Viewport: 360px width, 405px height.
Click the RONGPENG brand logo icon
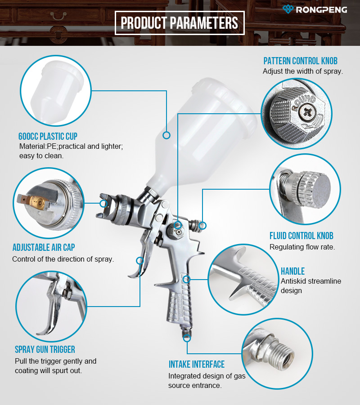288,9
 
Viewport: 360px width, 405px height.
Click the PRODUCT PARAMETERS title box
180,23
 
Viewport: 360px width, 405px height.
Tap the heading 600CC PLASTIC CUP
48,136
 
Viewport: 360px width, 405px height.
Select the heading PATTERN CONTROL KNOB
301,61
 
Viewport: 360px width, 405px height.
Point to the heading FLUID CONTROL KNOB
301,236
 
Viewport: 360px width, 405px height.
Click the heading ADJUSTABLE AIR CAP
44,247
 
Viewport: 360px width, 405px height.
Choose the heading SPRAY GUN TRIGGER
45,349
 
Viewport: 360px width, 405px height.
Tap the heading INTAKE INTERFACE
197,364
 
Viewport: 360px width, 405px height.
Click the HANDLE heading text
293,271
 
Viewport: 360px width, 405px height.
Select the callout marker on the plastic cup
166,135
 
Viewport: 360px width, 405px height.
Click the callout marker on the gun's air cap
103,203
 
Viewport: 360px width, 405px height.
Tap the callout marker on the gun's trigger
140,261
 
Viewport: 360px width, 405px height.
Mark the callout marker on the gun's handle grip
186,279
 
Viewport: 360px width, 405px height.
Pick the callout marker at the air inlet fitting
187,338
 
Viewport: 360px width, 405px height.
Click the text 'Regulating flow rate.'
302,247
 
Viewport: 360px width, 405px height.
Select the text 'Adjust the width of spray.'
303,71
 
